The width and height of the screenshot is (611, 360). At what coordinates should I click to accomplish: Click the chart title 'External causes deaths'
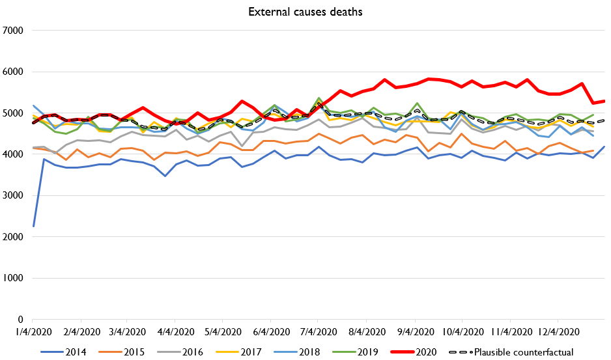click(x=305, y=11)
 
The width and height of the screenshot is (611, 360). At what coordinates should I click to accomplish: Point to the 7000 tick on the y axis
click(x=14, y=30)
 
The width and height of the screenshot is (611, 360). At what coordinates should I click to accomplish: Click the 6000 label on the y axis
click(x=14, y=72)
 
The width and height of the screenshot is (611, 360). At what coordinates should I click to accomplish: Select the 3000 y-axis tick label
click(x=14, y=195)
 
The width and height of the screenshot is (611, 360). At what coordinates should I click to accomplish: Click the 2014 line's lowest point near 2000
click(x=33, y=226)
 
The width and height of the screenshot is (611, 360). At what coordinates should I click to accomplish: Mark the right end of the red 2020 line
click(x=604, y=101)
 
